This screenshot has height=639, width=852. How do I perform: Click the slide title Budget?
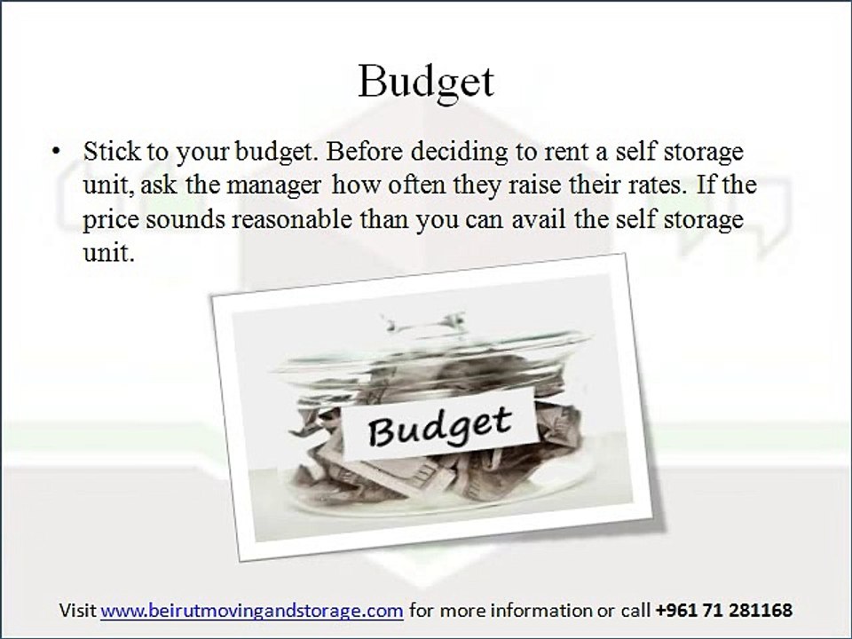pyautogui.click(x=425, y=83)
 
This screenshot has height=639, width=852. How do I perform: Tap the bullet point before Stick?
pyautogui.click(x=58, y=153)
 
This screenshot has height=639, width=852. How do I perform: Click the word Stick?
pyautogui.click(x=109, y=152)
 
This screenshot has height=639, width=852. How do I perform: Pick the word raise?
pyautogui.click(x=515, y=186)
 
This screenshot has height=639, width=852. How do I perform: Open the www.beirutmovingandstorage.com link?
pyautogui.click(x=253, y=611)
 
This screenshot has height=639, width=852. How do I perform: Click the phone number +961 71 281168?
pyautogui.click(x=724, y=611)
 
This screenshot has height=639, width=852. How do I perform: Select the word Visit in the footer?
pyautogui.click(x=78, y=611)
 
